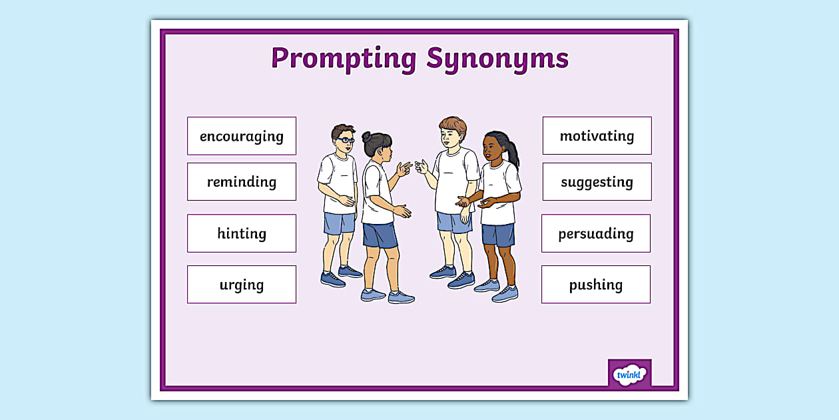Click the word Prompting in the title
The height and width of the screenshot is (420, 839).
(x=343, y=58)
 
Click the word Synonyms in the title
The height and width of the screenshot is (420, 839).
(x=497, y=58)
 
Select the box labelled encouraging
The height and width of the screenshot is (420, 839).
(x=242, y=136)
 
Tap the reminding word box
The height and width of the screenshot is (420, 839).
(x=242, y=181)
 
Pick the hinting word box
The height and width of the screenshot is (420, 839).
(x=242, y=233)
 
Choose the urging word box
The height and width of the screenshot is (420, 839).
(x=242, y=285)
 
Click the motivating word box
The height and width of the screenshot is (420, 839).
(x=597, y=136)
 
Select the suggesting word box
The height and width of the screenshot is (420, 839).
(x=597, y=181)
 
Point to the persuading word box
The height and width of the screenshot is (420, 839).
(x=596, y=233)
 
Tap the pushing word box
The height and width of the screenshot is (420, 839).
(x=596, y=285)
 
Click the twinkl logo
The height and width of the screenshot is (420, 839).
(x=629, y=374)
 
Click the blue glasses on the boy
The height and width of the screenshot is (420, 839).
(x=345, y=140)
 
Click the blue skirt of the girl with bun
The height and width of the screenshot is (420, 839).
(x=380, y=235)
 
